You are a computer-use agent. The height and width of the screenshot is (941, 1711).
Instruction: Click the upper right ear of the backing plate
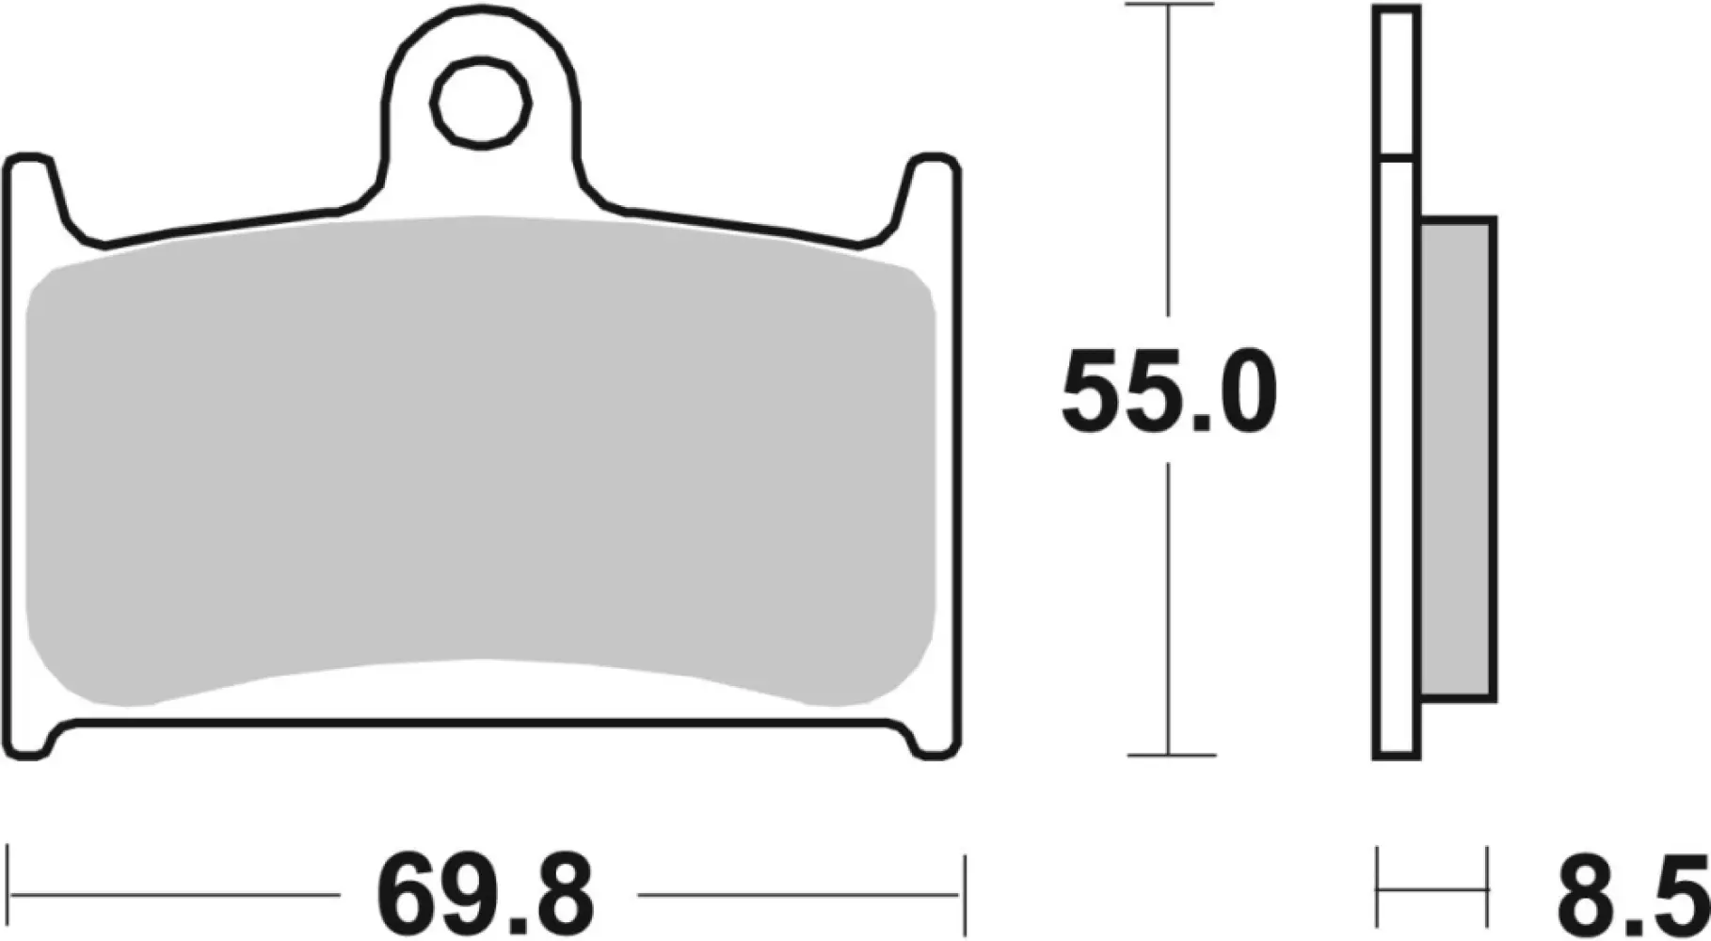[935, 179]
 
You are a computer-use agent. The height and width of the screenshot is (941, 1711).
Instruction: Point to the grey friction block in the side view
[1457, 459]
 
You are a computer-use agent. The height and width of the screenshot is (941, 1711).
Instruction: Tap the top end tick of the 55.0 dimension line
[1169, 5]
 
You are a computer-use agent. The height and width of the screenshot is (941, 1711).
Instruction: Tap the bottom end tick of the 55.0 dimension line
[1169, 755]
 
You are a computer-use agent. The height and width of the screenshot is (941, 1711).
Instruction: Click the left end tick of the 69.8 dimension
[8, 891]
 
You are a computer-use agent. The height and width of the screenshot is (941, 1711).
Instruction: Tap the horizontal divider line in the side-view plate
[1397, 157]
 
